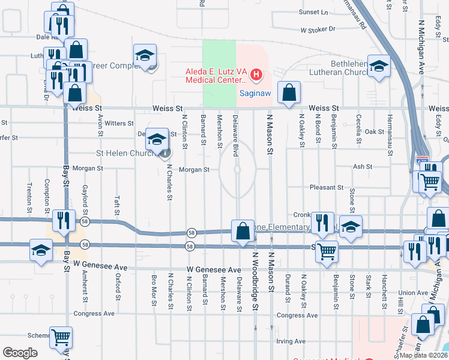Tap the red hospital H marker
[x=256, y=75]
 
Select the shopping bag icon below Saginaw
[x=289, y=94]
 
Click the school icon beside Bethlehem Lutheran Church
[x=379, y=67]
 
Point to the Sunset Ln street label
[x=314, y=12]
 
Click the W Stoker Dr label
[x=318, y=29]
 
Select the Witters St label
[x=119, y=124]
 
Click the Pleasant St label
[x=326, y=187]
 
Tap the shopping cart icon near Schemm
[x=61, y=338]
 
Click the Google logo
[x=20, y=353]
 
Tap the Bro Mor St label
[x=154, y=289]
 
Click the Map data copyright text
[x=424, y=355]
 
